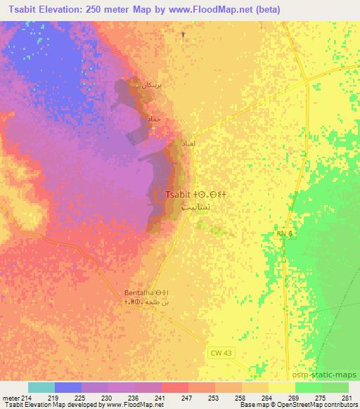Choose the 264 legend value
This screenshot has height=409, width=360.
pos(269,397)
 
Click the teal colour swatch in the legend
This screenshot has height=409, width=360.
pos(41,387)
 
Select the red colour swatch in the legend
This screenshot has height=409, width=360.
pos(175,387)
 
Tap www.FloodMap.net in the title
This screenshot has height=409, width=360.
pos(227,8)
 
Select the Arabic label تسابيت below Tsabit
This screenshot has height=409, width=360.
pos(195,208)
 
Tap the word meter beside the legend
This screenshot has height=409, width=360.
pos(10,397)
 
